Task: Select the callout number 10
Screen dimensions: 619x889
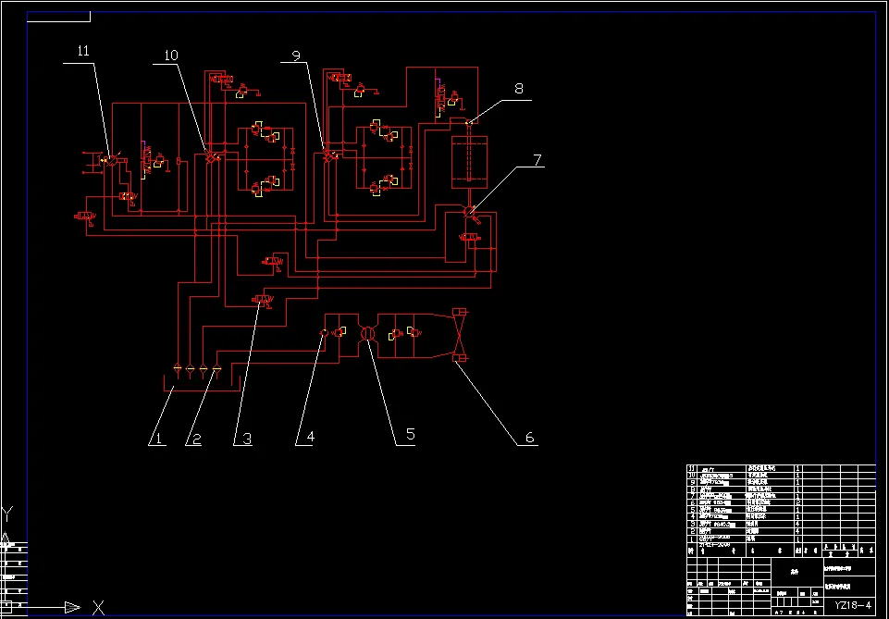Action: pos(170,56)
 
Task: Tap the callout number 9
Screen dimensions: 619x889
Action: pos(296,56)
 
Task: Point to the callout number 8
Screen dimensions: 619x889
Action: pos(519,89)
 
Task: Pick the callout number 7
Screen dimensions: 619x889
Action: pos(537,159)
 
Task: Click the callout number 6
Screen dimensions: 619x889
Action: pos(530,437)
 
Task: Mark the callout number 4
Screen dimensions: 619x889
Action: pos(311,437)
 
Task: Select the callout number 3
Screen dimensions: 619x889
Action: pos(247,439)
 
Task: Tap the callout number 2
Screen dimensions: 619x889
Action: pos(194,439)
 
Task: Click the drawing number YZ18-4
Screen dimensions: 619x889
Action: pos(853,605)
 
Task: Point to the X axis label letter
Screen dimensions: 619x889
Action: pos(99,608)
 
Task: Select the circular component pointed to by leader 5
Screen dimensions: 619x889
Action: pos(367,333)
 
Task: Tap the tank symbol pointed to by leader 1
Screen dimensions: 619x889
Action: pos(198,381)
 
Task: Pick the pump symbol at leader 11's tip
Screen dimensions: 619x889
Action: pos(109,160)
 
